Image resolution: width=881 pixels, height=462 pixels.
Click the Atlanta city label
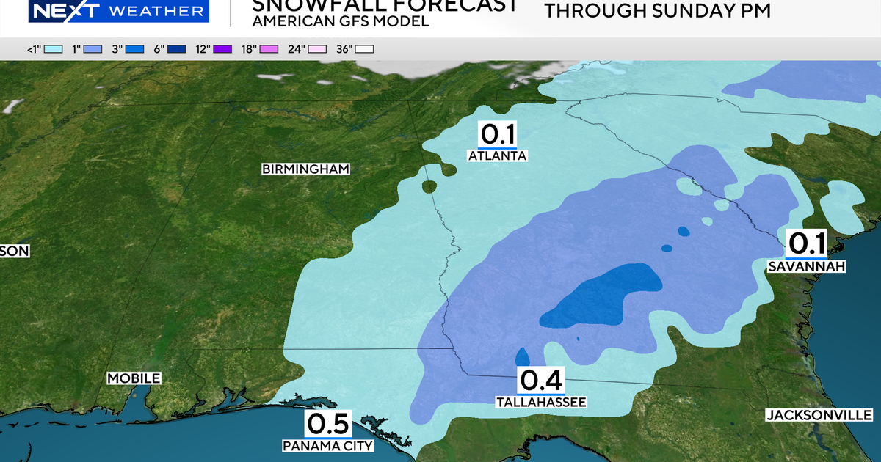coord(498,156)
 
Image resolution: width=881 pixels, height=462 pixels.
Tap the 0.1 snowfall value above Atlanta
coord(498,135)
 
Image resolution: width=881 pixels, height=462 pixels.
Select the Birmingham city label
coord(305,169)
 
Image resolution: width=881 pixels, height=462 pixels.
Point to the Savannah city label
coord(806,266)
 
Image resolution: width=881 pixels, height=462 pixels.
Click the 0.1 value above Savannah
coord(807,243)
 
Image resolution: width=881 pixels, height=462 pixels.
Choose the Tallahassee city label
coord(541,402)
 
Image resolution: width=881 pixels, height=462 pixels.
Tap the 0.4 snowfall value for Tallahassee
coord(541,380)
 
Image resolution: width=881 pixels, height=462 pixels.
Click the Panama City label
coord(328,446)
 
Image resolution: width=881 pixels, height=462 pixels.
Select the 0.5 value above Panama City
coord(328,424)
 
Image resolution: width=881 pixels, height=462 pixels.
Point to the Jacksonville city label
coord(819,415)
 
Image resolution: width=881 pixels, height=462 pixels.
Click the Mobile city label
coord(134,378)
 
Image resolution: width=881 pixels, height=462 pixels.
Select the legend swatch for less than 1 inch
coord(53,49)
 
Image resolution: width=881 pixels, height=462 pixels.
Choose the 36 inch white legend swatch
coord(365,49)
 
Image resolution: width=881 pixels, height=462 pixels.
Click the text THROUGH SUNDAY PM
coord(658,11)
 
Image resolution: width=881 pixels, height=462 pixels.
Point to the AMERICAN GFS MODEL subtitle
coord(340,21)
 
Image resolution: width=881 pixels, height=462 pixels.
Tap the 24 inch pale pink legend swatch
coord(317,49)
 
